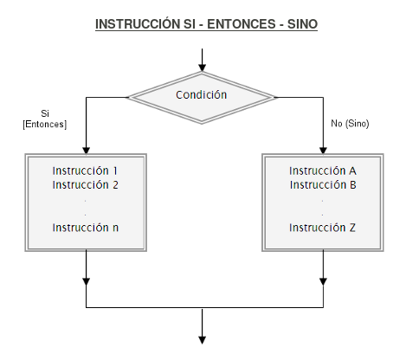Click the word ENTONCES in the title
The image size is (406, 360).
coord(241,24)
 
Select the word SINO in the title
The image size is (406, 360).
coord(302,24)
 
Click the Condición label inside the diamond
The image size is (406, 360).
coord(202,94)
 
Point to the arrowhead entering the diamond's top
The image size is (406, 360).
coord(202,67)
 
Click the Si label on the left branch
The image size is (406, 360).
coord(45,113)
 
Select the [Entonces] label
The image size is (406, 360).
coord(45,125)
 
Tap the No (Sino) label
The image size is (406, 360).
coord(350,124)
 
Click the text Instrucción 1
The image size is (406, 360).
coord(85,170)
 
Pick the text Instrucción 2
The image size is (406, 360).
coord(86,185)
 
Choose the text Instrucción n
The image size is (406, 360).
coord(86,228)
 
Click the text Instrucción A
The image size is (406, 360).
coord(323,170)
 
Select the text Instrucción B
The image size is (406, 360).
coord(323,185)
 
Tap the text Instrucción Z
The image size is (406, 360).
coord(322,228)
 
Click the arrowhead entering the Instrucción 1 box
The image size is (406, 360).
coord(86,151)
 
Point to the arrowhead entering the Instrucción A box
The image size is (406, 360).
coord(323,151)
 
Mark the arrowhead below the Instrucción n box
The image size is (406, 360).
coord(86,281)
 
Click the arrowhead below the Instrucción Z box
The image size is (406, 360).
coord(323,281)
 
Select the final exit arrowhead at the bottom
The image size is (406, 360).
coord(202,340)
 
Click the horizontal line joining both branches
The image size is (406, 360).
coord(204,307)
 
